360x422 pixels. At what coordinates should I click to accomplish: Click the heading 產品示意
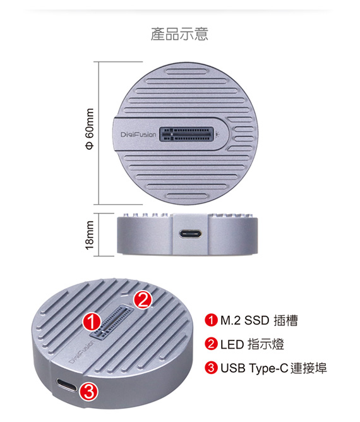(x=179, y=34)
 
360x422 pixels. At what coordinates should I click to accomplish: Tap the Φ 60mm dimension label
(x=90, y=129)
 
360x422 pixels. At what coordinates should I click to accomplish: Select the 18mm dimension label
(x=90, y=235)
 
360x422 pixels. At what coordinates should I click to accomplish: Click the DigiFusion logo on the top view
(x=138, y=134)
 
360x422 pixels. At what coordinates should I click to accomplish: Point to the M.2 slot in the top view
(x=187, y=134)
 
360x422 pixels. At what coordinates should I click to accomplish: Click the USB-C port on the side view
(x=191, y=234)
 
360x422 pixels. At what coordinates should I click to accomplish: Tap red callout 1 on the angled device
(x=92, y=322)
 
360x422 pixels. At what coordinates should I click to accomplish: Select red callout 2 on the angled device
(x=143, y=299)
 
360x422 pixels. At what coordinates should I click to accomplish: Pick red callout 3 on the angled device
(x=89, y=392)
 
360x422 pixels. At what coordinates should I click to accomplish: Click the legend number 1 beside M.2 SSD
(x=211, y=320)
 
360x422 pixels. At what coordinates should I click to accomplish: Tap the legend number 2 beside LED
(x=211, y=344)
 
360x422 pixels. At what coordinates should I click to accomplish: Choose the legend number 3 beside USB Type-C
(x=211, y=368)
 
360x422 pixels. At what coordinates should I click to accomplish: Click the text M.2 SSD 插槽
(x=259, y=320)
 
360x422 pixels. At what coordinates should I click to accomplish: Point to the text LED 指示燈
(x=252, y=344)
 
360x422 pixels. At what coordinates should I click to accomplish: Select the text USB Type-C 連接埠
(x=273, y=368)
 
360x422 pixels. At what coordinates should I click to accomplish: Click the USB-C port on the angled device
(x=66, y=385)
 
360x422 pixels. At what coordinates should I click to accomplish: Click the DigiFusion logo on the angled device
(x=81, y=352)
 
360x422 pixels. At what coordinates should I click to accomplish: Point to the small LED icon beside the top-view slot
(x=217, y=133)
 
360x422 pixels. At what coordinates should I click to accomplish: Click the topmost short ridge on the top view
(x=187, y=71)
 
